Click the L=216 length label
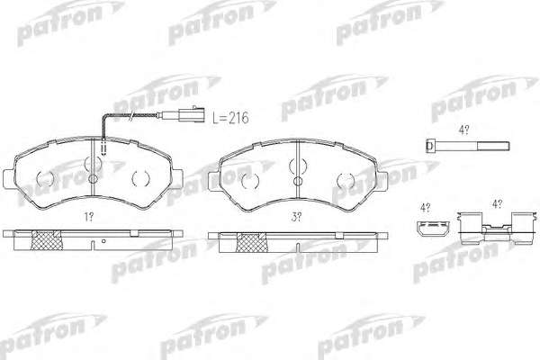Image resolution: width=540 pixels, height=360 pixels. tap(230, 118)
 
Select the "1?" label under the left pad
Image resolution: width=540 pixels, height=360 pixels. tap(89, 217)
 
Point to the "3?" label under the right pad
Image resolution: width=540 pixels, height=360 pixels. tap(296, 217)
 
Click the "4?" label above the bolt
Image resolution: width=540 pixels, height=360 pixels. tap(463, 130)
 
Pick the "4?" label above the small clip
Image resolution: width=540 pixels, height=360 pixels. tap(425, 208)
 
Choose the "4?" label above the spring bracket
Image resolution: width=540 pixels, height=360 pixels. tap(497, 204)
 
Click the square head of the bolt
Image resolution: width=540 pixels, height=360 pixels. tap(429, 146)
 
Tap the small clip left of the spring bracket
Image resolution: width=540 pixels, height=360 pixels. tap(433, 229)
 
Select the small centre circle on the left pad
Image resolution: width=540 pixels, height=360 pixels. tap(94, 179)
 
